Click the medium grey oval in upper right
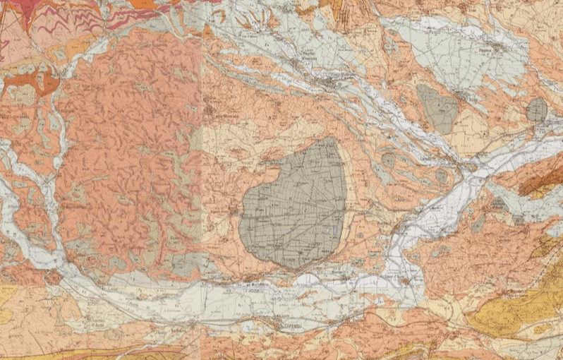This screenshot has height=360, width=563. [439, 109]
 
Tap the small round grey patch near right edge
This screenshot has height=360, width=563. [536, 109]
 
